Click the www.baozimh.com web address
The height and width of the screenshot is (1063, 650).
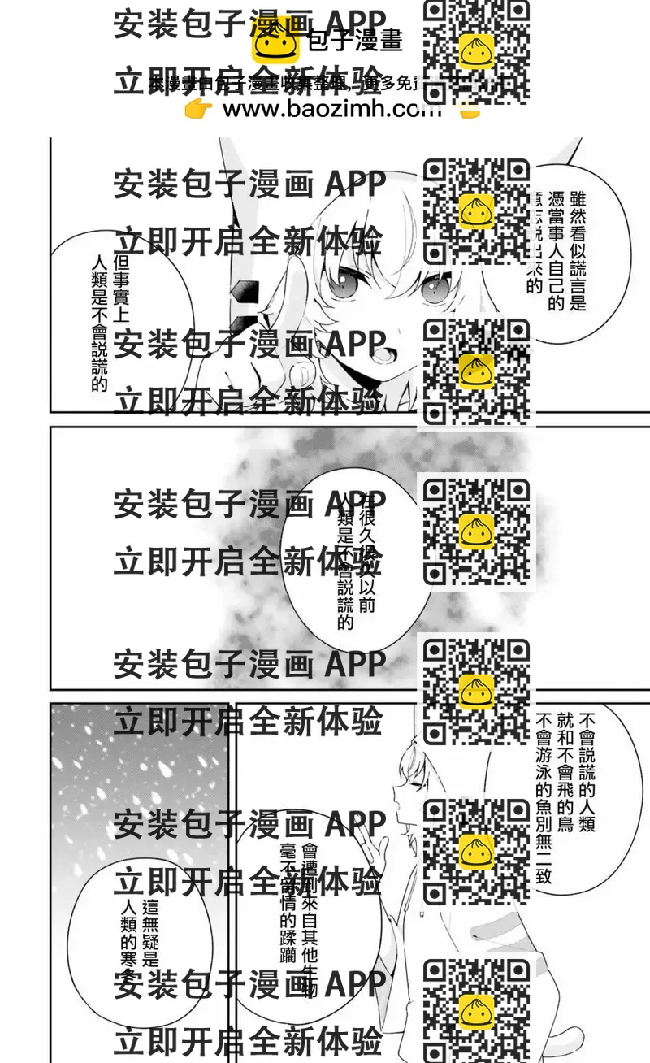[331, 110]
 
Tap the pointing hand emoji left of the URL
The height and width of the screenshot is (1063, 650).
[197, 110]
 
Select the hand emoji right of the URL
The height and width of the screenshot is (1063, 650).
[468, 111]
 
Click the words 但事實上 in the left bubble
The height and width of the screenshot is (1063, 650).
[121, 289]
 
